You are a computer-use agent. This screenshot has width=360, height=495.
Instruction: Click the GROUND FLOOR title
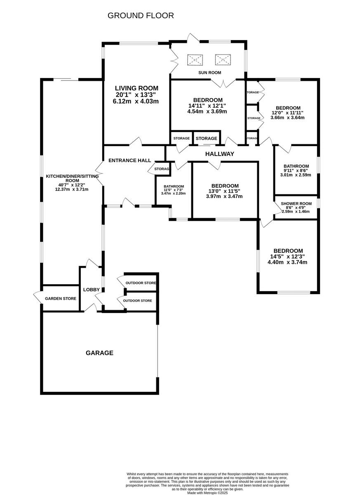click(141, 16)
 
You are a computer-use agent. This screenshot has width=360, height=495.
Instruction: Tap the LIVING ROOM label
click(136, 88)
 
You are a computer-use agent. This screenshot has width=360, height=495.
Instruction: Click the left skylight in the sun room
click(194, 60)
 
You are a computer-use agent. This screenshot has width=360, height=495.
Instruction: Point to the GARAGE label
click(99, 353)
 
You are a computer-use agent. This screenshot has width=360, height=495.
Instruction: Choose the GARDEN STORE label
click(61, 298)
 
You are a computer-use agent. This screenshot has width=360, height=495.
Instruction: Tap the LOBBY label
click(91, 290)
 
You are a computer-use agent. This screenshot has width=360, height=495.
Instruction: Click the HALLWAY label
click(220, 154)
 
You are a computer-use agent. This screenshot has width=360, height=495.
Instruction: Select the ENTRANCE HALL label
click(129, 160)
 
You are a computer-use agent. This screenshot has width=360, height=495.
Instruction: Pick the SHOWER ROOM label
click(296, 204)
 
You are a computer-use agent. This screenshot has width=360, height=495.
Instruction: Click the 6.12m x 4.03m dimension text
click(136, 101)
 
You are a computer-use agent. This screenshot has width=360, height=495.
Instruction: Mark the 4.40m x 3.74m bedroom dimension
click(287, 262)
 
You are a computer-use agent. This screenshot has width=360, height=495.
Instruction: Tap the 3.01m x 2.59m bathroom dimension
click(296, 175)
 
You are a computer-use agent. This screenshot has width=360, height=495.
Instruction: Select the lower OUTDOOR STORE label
click(137, 300)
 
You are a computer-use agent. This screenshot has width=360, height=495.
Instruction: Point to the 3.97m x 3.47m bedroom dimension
click(224, 196)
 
